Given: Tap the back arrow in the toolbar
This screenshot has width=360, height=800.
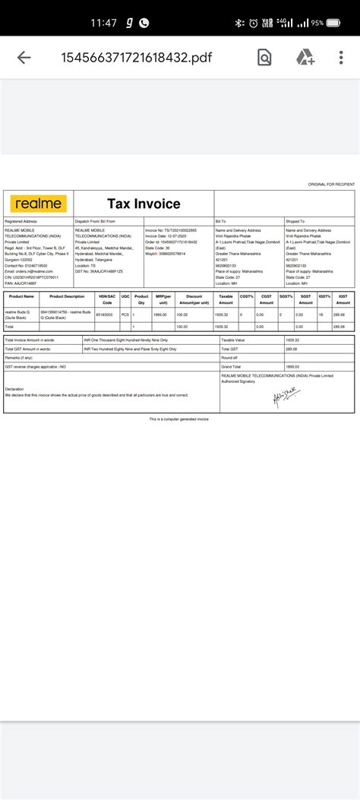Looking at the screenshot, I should click(x=24, y=57).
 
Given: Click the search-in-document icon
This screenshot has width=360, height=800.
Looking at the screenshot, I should click(x=264, y=58).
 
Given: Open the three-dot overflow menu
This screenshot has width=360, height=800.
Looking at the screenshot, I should click(x=341, y=58).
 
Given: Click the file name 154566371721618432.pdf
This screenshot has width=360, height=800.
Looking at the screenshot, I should click(x=127, y=58).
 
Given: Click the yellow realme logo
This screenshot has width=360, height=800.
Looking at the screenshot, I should click(x=38, y=204).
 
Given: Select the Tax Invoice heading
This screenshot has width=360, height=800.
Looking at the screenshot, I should click(x=144, y=204).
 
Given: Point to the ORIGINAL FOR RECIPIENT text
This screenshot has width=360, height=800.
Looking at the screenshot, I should click(x=331, y=185).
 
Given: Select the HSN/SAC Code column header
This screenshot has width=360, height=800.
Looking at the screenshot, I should click(x=107, y=299).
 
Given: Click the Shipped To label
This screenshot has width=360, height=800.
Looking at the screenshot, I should click(x=295, y=221).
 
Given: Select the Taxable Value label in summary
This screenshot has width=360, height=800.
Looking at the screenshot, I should click(x=233, y=340).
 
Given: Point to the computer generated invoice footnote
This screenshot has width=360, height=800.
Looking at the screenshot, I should click(x=178, y=419).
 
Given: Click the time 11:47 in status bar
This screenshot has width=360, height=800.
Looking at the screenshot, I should click(x=103, y=23).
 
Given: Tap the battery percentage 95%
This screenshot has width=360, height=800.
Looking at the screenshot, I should click(x=338, y=24).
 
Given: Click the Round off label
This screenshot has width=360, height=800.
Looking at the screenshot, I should click(x=229, y=357).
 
